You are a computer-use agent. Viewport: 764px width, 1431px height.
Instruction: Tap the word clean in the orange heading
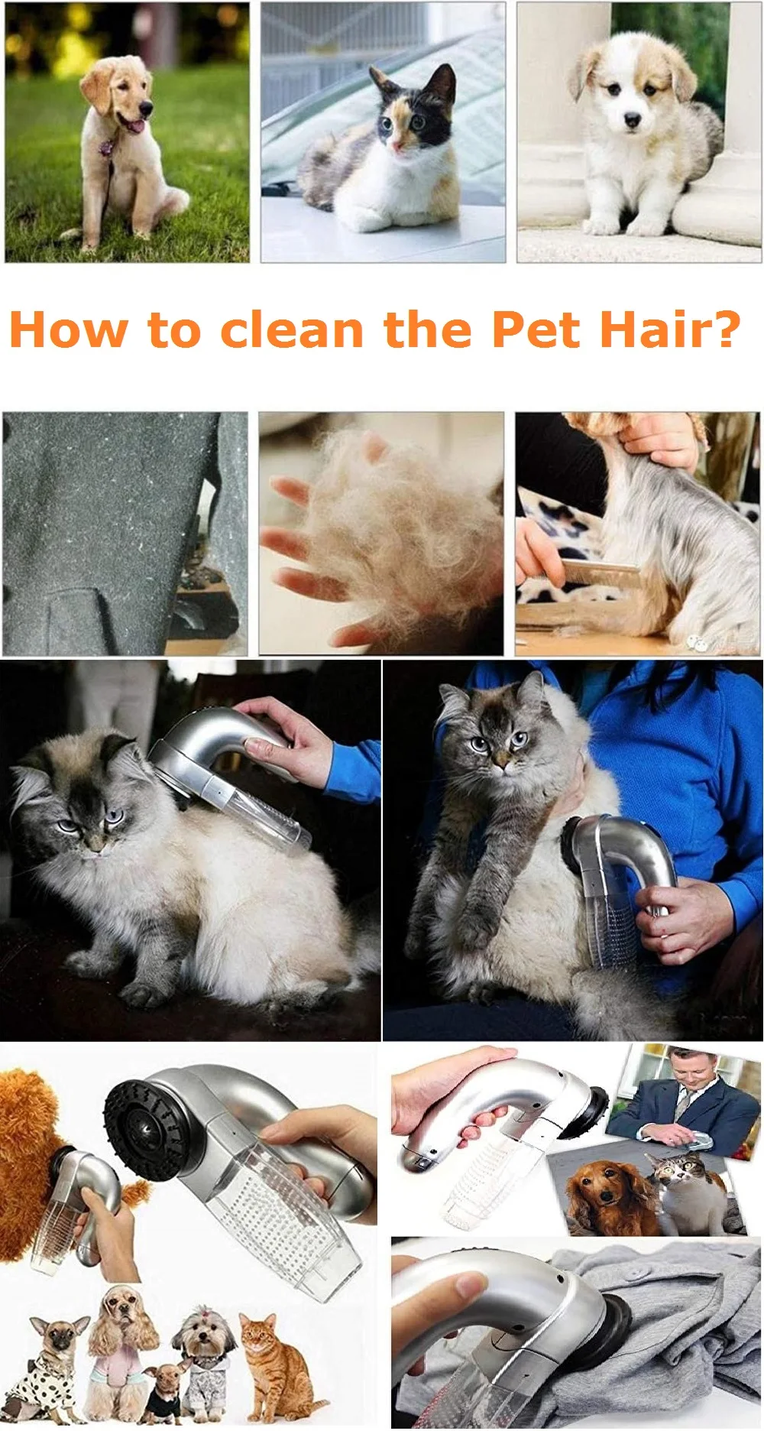[x=292, y=329]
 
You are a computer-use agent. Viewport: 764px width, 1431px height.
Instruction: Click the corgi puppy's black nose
[x=632, y=120]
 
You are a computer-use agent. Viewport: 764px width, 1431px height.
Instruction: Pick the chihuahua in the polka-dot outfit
[x=54, y=1368]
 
